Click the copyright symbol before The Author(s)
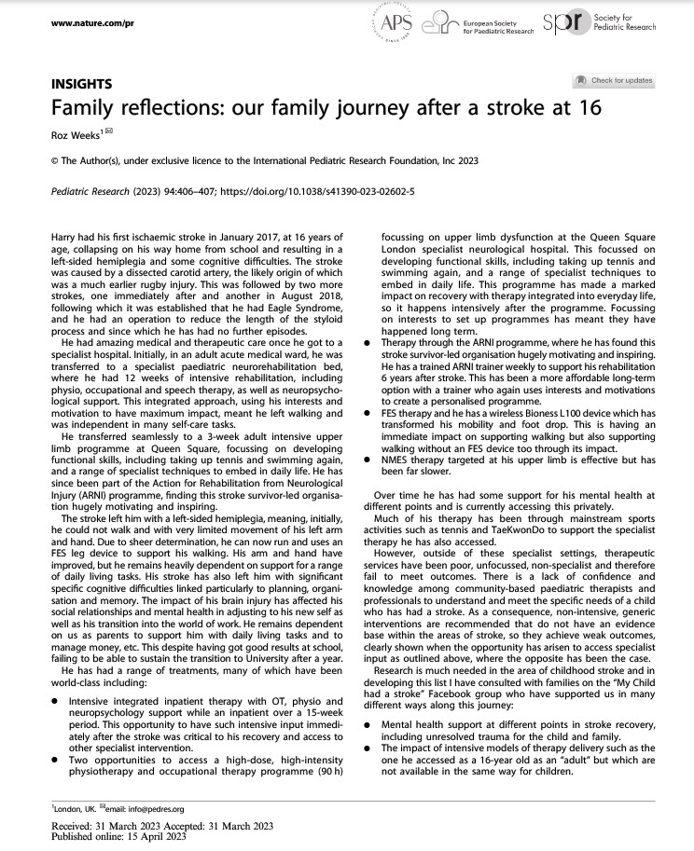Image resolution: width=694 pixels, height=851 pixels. tap(53, 160)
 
